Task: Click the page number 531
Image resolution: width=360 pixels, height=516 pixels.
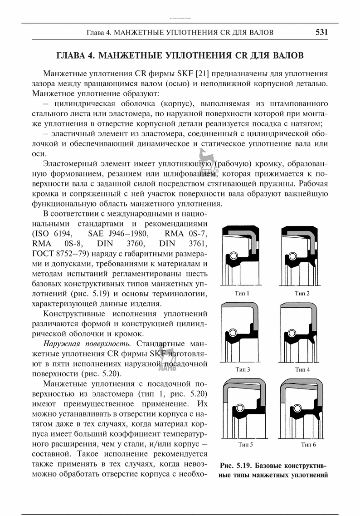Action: click(321, 32)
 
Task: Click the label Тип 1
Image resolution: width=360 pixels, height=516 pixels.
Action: click(242, 293)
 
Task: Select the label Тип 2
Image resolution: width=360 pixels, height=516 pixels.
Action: click(302, 293)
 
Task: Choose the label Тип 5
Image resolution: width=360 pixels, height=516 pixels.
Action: click(245, 444)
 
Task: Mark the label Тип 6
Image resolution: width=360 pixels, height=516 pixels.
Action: click(308, 444)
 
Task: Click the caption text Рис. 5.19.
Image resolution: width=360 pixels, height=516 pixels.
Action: click(236, 466)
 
